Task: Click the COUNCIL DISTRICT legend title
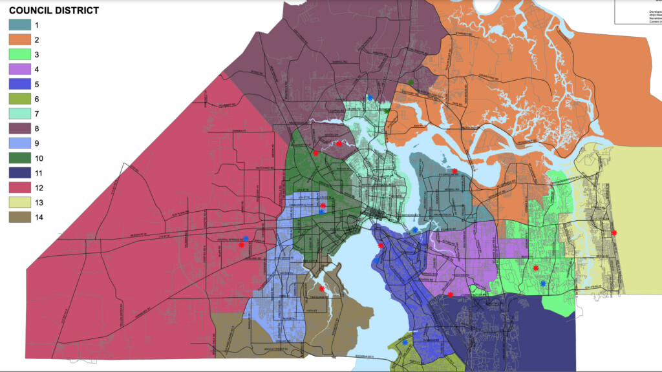[x=54, y=10]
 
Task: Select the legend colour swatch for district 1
[x=20, y=25]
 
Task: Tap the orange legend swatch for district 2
[x=20, y=40]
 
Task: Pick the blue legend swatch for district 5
[x=20, y=84]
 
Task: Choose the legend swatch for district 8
[x=20, y=129]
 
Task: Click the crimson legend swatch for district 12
[x=20, y=187]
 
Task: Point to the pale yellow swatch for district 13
[x=20, y=202]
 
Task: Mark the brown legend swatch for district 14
[x=20, y=217]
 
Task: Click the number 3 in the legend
[x=45, y=55]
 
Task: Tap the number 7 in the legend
[x=45, y=114]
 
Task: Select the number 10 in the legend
[x=47, y=158]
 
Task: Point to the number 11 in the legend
[x=47, y=173]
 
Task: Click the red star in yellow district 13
[x=614, y=232]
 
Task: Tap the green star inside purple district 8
[x=411, y=82]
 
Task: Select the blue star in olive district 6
[x=405, y=343]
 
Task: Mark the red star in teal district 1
[x=454, y=171]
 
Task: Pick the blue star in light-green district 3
[x=543, y=284]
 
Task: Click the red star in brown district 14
[x=321, y=289]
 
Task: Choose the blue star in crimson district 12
[x=246, y=238]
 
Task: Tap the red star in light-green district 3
[x=536, y=268]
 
